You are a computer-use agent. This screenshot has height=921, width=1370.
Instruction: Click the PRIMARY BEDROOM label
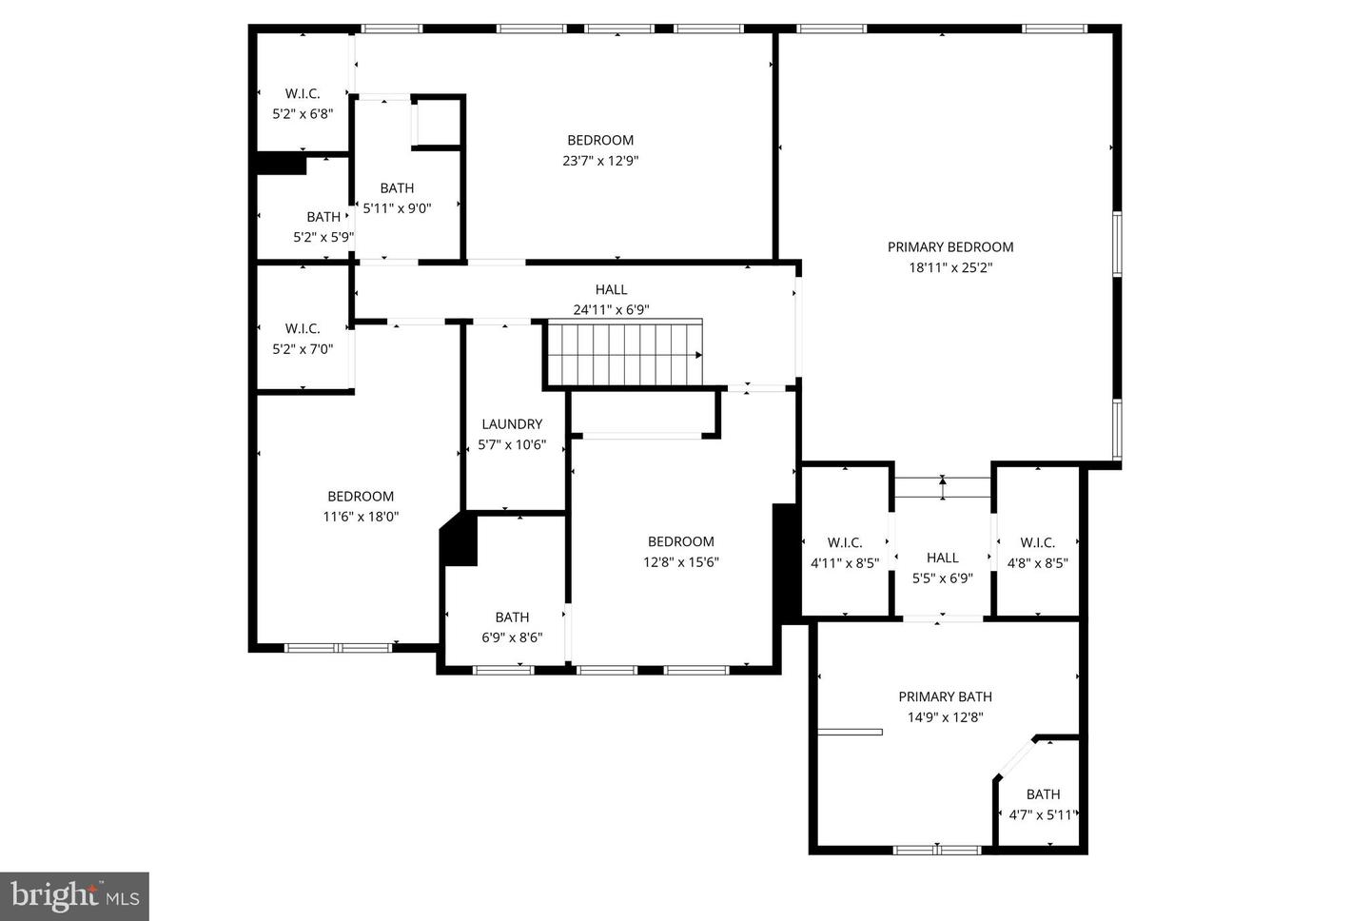click(x=949, y=247)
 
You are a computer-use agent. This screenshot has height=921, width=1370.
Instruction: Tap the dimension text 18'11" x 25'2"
click(x=949, y=268)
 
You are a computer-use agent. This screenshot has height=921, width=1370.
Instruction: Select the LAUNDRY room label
click(x=512, y=424)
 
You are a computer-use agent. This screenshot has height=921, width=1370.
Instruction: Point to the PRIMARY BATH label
click(x=945, y=696)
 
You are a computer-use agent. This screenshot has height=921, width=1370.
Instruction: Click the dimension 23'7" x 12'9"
click(x=599, y=161)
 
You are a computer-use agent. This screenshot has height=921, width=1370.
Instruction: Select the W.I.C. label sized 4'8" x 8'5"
click(x=1037, y=542)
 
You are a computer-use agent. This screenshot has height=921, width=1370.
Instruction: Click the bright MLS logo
click(x=74, y=896)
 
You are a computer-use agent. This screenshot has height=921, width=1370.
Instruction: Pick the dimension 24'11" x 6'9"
click(x=611, y=309)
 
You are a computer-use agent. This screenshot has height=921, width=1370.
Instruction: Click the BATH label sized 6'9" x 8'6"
click(x=512, y=617)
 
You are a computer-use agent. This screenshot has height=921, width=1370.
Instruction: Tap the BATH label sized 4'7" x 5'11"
click(x=1043, y=794)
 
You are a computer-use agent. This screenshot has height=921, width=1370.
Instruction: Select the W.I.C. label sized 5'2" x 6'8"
click(x=303, y=93)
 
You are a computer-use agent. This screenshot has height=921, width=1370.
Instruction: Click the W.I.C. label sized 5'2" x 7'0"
click(x=303, y=328)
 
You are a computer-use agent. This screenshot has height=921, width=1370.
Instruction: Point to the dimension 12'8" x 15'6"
click(x=680, y=562)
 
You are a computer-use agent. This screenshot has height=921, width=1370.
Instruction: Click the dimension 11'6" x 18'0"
click(x=361, y=517)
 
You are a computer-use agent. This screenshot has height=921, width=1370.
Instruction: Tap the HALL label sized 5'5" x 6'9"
click(x=942, y=558)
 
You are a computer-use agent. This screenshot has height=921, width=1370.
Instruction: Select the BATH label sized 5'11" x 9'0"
click(x=397, y=188)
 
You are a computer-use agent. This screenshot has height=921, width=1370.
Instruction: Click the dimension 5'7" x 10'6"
click(x=512, y=444)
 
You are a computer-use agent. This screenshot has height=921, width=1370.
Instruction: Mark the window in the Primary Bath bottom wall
click(x=937, y=849)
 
